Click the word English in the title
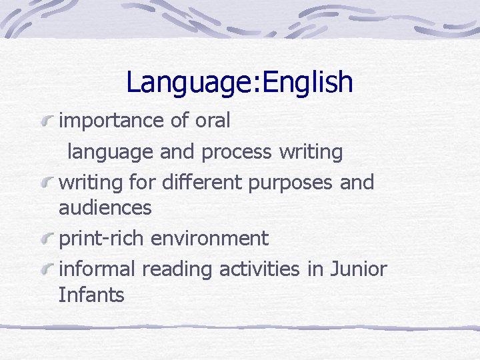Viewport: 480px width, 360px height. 308,83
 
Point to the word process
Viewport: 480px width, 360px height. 236,152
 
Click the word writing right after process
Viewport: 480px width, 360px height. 311,152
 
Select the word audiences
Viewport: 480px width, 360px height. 105,208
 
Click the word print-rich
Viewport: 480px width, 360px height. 102,238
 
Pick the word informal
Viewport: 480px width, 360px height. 97,269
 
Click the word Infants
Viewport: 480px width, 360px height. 91,295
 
